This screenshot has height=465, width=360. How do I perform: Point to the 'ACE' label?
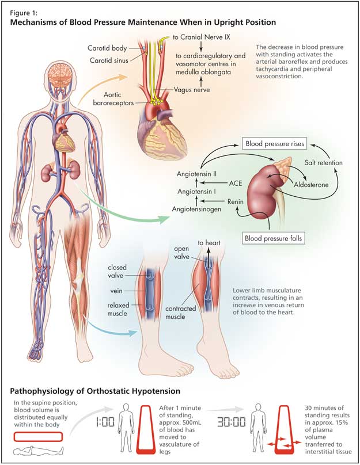click(x=235, y=184)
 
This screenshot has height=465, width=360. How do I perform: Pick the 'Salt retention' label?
click(x=323, y=163)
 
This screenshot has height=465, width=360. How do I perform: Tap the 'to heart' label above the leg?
click(x=210, y=243)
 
